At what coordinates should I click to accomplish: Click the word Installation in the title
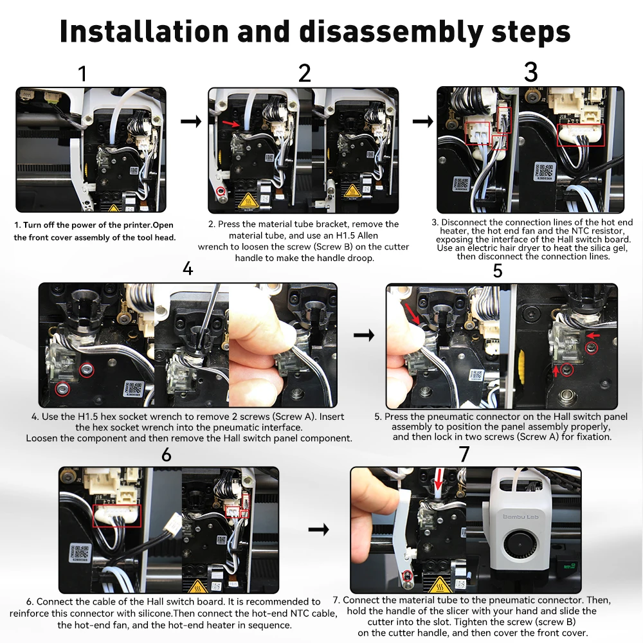144,31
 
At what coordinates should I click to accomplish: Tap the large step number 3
531,72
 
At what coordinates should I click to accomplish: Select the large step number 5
498,271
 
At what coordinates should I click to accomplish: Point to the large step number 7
464,455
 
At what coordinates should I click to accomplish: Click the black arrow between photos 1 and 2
191,121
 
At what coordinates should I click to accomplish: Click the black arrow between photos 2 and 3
423,121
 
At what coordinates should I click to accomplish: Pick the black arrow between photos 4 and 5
364,335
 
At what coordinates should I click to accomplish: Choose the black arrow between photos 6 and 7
319,529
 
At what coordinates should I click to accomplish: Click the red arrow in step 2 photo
231,123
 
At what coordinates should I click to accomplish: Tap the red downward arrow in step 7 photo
439,480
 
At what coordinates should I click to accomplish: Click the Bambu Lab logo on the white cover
520,517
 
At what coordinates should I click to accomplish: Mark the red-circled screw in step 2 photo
221,191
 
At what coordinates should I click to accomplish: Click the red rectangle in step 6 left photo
117,516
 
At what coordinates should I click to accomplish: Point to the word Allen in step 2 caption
367,235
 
